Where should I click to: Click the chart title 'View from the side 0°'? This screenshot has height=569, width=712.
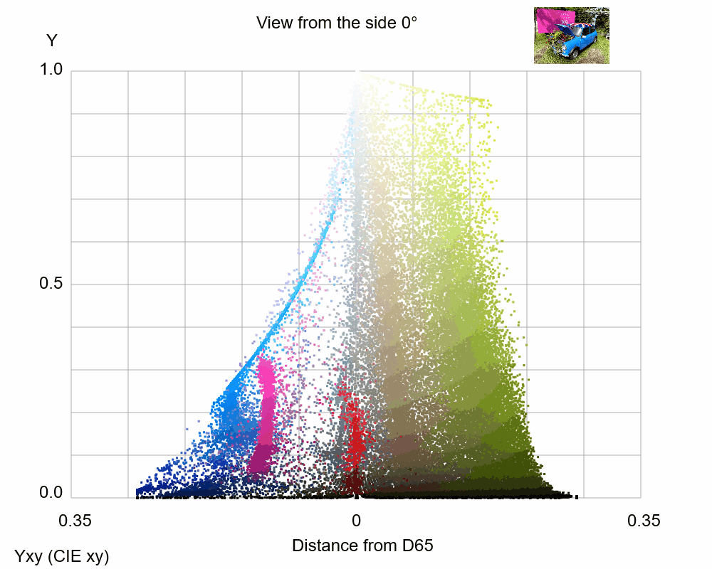336,23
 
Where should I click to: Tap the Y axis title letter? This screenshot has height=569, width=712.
51,41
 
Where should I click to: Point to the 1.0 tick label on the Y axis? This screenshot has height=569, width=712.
51,70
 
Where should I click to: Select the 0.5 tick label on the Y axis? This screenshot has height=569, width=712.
51,284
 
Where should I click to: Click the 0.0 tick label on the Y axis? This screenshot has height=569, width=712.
51,493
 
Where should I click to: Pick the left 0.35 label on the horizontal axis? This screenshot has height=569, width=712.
75,521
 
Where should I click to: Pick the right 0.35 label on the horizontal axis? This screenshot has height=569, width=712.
643,521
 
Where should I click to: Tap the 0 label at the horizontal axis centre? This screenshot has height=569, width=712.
356,521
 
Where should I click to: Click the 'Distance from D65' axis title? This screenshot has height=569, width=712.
362,546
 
